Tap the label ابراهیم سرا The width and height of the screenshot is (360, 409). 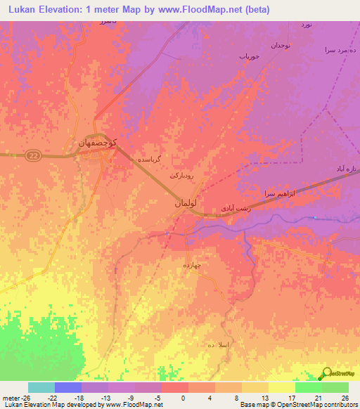point(277,193)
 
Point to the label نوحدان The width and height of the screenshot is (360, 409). point(286,45)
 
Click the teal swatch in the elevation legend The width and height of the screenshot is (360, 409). point(41,387)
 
